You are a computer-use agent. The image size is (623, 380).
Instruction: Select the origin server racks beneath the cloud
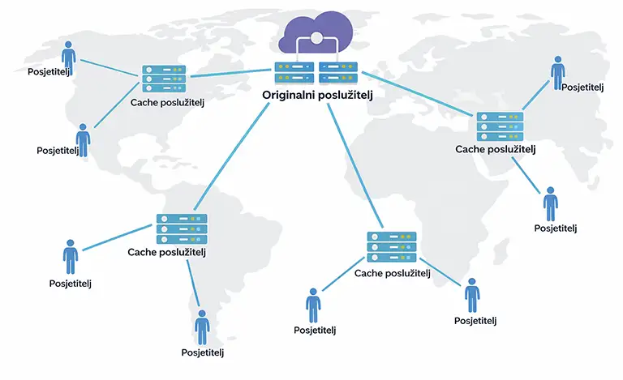tap(316, 73)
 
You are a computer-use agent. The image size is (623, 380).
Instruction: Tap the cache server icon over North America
tap(164, 79)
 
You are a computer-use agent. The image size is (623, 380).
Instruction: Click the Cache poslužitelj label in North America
tap(164, 103)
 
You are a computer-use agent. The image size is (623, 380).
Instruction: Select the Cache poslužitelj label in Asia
tap(496, 149)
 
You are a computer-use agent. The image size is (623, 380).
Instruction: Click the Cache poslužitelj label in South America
tap(168, 252)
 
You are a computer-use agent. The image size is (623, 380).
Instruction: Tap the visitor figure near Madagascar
tap(472, 295)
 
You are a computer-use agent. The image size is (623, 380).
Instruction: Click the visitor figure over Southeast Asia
tap(550, 203)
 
